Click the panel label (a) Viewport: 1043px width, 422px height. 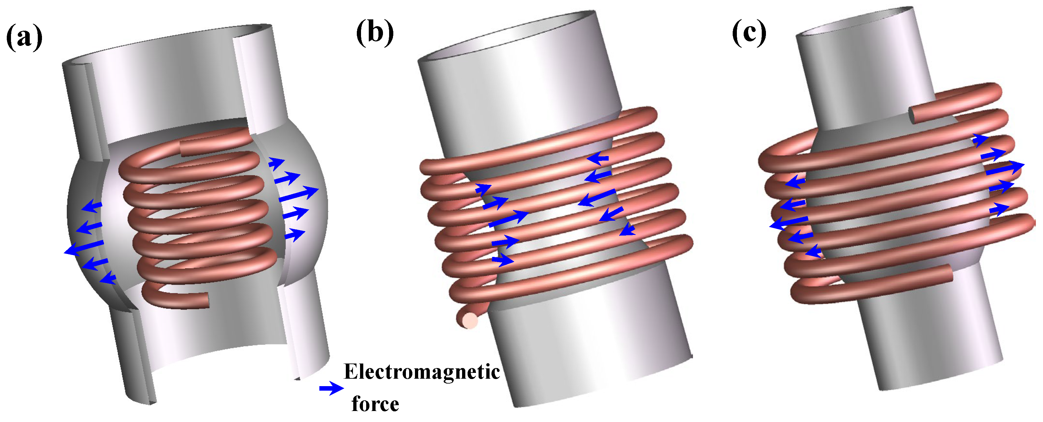click(x=24, y=37)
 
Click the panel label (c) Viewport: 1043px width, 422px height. click(x=749, y=32)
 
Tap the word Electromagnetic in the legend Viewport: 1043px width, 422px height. click(x=421, y=372)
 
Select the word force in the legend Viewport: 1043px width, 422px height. click(x=375, y=404)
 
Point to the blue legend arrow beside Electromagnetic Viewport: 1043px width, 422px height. click(x=331, y=388)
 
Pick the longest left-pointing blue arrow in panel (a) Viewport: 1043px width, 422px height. click(x=84, y=247)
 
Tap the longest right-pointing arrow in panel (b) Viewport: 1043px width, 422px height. click(x=508, y=218)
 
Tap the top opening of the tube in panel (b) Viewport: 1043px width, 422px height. click(x=506, y=37)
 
